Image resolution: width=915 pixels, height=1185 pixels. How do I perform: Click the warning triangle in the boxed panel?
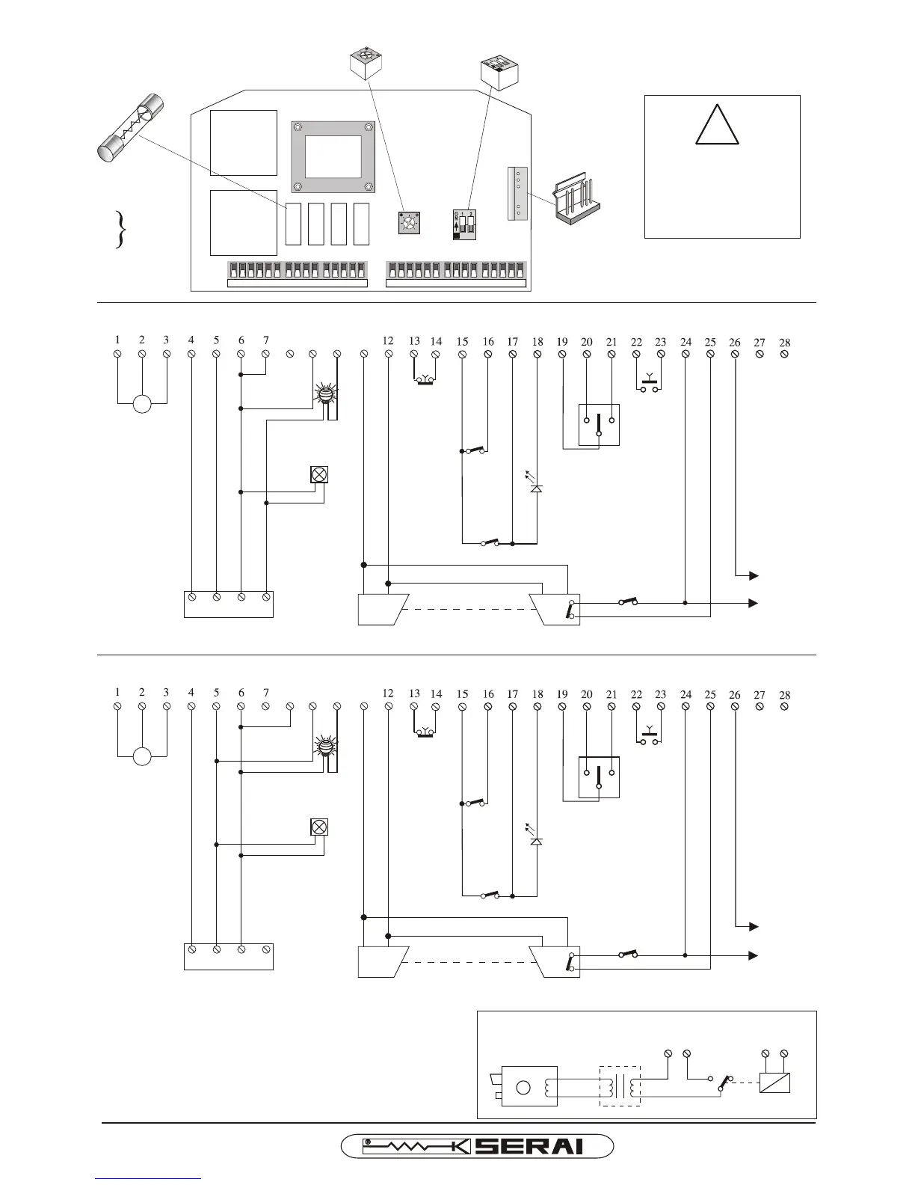coord(717,124)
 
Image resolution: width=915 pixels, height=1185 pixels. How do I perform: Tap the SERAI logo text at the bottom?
coord(529,1145)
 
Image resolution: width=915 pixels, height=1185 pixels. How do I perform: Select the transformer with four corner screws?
coord(332,156)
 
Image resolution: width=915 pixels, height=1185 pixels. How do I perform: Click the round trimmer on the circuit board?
coord(408,223)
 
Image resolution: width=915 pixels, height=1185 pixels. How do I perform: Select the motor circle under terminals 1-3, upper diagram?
coord(142,405)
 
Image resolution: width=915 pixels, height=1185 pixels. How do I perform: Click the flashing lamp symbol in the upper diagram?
coord(325,396)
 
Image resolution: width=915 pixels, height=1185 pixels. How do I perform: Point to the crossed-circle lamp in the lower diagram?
coord(319,827)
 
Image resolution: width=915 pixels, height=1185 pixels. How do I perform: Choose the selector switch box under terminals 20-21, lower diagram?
coord(599,777)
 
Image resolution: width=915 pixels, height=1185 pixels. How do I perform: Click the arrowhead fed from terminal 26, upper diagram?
coord(754,575)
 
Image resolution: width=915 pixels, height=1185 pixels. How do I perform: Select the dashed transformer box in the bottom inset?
coord(620,1086)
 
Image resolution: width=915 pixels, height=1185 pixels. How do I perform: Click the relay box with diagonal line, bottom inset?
coord(774,1083)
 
